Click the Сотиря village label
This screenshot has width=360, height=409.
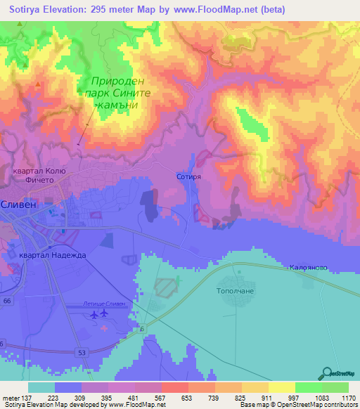pyautogui.click(x=189, y=178)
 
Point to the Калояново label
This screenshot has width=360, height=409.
pyautogui.click(x=309, y=268)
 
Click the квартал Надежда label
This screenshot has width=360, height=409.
pyautogui.click(x=53, y=255)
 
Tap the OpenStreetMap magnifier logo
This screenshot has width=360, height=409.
pyautogui.click(x=326, y=373)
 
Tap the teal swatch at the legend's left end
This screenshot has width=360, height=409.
pyautogui.click(x=41, y=387)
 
